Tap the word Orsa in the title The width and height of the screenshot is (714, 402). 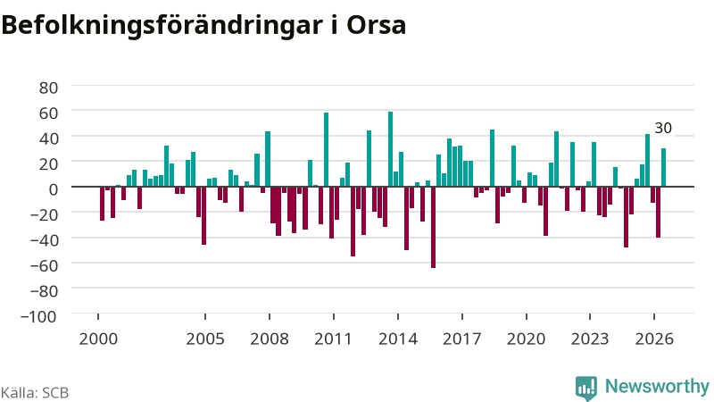376,26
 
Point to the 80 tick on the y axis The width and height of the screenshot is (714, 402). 49,88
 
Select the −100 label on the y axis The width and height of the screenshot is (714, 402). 38,316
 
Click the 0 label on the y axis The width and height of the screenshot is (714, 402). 54,189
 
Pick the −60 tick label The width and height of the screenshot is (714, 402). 44,265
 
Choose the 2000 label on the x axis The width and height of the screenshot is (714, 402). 98,339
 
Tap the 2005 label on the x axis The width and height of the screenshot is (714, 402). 205,339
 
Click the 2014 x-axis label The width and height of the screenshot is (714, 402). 398,339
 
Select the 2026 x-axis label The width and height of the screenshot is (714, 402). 654,339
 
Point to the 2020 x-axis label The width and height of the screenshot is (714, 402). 527,339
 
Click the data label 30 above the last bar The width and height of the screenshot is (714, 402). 663,128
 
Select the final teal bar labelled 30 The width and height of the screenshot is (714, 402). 663,167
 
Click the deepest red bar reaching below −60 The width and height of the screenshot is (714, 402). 433,228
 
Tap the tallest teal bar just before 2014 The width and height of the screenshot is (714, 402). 390,149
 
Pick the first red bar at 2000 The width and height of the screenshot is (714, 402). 102,204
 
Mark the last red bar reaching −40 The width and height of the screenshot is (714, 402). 658,212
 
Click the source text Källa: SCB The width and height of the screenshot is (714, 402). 35,393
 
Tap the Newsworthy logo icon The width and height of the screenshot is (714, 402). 586,389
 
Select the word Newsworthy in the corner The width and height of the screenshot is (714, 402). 657,387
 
